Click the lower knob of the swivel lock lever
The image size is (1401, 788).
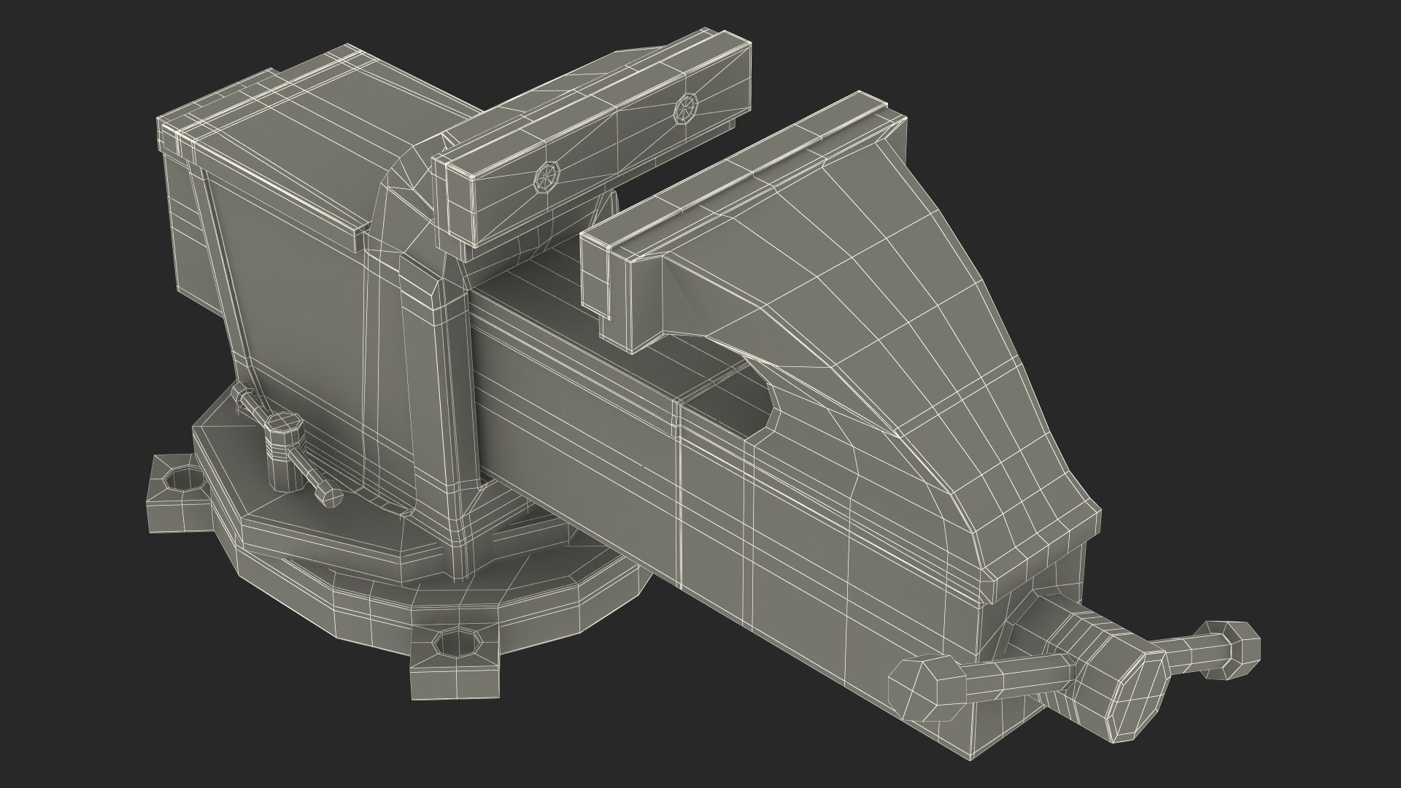click(x=330, y=497)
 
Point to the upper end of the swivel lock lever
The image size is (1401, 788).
click(x=241, y=395)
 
